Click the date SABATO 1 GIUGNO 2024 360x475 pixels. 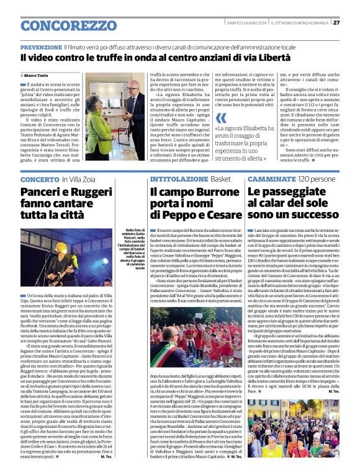(x=248, y=23)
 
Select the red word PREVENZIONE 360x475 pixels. (x=41, y=47)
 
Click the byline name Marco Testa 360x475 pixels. (x=37, y=74)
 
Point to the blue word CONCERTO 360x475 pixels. (x=40, y=179)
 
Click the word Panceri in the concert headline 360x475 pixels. (x=41, y=193)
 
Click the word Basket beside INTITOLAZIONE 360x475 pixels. (x=220, y=179)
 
